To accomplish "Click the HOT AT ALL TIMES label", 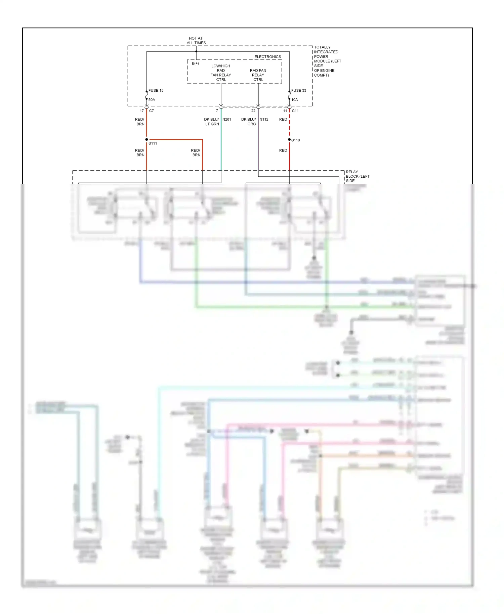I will [196, 41].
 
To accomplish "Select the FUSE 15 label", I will [156, 90].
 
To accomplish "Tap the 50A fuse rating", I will [152, 100].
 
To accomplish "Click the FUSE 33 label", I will [298, 90].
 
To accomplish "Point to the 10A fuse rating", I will [294, 100].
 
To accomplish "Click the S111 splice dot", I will [146, 139].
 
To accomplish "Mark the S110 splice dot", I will [289, 139].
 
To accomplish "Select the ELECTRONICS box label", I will [267, 57].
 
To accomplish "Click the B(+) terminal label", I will [195, 63].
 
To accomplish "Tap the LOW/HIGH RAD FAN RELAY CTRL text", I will [221, 73].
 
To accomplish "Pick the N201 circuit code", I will [226, 119].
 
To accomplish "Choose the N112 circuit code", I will [264, 119].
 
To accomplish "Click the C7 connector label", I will [152, 111].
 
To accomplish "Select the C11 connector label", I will [295, 111].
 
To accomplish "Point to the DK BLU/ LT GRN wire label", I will [212, 122].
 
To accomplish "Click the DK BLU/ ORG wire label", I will [249, 122].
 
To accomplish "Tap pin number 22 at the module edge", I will [253, 111].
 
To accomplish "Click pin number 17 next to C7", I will [142, 111].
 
